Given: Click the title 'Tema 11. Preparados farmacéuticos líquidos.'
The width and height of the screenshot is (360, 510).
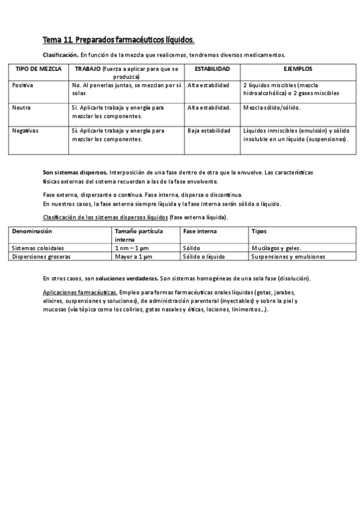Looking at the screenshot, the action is [118, 40].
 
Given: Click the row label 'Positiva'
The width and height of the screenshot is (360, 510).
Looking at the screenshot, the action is [23, 85].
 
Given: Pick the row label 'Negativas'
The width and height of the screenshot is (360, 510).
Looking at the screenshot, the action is [25, 130].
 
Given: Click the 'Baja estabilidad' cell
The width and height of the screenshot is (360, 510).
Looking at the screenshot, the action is [209, 130].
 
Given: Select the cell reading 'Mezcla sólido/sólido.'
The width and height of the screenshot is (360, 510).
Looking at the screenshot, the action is [272, 108].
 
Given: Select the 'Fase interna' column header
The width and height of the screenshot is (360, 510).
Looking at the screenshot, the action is [200, 231].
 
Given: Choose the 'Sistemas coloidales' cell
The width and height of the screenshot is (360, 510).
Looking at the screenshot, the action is [38, 248].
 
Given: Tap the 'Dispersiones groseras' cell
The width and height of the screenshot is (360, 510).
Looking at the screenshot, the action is [41, 256].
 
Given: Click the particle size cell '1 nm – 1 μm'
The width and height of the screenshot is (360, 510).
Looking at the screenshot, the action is [133, 248].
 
